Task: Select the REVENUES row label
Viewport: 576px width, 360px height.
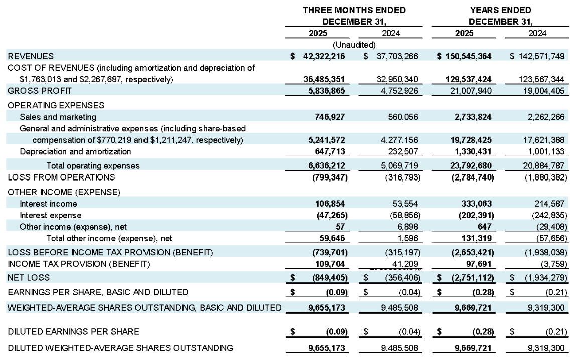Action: tap(31, 56)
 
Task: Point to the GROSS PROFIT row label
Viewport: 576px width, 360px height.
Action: tap(40, 91)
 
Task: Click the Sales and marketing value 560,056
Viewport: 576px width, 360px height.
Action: tap(399, 117)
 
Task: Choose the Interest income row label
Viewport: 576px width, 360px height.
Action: tap(49, 204)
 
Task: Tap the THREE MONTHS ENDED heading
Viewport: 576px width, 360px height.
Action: tap(354, 10)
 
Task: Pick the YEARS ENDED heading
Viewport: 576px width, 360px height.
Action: tap(500, 10)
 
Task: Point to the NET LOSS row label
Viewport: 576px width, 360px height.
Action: tap(29, 277)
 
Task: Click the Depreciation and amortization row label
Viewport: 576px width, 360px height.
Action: tap(75, 151)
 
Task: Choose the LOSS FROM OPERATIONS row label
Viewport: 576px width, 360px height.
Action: tap(61, 177)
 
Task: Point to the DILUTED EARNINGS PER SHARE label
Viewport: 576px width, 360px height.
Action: tap(73, 331)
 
